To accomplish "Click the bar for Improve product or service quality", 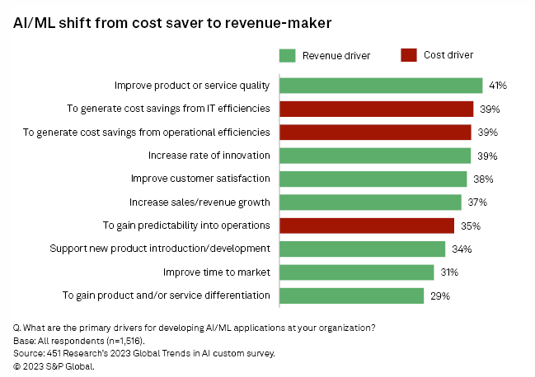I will (381, 85).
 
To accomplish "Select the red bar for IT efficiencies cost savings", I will (377, 109).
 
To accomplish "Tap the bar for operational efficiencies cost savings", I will (375, 132).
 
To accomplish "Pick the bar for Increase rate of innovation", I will (375, 156).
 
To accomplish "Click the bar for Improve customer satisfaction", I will (373, 179).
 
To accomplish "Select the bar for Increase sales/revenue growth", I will (370, 202).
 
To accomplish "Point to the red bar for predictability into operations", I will (367, 226).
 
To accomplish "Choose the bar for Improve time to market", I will (357, 272).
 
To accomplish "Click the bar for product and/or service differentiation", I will (352, 296).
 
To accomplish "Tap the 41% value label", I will (497, 86).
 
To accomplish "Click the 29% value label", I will (439, 296).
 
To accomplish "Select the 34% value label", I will (461, 249).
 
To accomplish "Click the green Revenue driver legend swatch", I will (287, 55).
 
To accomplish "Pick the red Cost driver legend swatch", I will (409, 55).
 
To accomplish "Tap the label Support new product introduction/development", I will (160, 249).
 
